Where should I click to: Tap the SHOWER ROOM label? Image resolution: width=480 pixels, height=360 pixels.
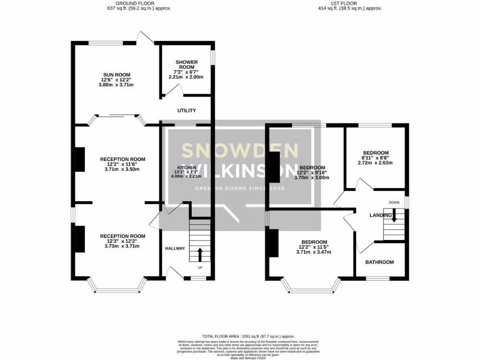point(187,64)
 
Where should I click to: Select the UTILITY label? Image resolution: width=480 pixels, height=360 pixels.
point(186,111)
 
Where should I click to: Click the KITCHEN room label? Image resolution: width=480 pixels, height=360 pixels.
point(187,168)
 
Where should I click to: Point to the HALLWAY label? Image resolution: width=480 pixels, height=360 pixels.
point(175,248)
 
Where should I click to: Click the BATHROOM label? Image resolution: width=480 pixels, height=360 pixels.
point(380,262)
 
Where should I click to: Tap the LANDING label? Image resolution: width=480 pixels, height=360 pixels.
point(381,215)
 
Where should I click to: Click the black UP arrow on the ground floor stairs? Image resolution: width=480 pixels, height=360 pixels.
point(200,255)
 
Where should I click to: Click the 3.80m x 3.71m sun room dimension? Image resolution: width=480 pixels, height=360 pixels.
point(116,85)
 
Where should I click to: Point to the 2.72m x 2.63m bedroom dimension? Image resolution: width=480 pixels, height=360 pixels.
point(375,163)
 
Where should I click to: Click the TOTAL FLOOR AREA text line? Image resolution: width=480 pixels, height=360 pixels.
point(248,337)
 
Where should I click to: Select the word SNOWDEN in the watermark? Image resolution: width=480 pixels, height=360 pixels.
point(240,150)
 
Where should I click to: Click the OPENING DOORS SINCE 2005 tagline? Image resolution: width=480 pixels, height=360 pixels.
point(240,188)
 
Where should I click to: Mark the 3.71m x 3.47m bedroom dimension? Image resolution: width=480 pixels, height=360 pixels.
point(314,252)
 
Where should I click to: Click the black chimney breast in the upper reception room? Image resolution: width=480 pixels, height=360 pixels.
point(80,159)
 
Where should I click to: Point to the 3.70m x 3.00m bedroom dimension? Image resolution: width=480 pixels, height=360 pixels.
point(312,178)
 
